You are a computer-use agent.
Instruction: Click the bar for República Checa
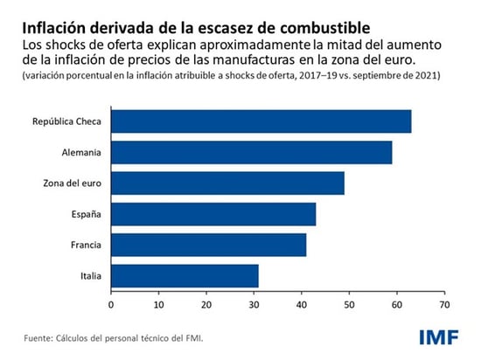[261, 121]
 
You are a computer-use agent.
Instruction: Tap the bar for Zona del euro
[227, 183]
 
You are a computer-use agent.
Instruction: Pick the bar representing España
[213, 213]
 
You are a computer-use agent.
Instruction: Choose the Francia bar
[208, 244]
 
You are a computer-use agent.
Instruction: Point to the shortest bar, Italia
[185, 275]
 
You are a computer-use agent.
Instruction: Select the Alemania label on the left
[81, 152]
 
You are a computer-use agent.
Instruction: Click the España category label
[84, 213]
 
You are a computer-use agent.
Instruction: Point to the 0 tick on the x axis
[111, 305]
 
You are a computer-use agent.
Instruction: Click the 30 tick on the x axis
[254, 305]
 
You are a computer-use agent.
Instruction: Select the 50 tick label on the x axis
[349, 305]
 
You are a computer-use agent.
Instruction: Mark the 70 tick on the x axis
[444, 305]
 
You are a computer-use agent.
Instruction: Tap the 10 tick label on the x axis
[158, 305]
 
